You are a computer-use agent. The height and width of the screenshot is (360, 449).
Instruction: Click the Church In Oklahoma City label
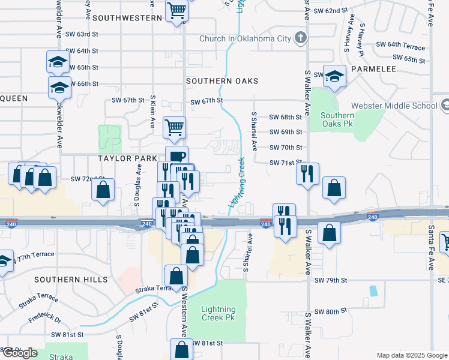(x=246, y=39)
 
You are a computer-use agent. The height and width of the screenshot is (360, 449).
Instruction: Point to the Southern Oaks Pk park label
(x=337, y=119)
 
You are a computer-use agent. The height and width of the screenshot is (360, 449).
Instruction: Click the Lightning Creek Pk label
(x=218, y=314)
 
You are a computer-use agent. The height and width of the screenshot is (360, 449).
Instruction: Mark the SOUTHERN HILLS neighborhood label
(x=71, y=280)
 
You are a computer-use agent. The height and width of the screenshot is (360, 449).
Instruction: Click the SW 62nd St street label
(x=331, y=11)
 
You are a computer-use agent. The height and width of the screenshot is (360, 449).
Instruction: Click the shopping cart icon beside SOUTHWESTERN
(x=176, y=10)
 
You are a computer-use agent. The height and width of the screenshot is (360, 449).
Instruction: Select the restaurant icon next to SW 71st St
(x=307, y=174)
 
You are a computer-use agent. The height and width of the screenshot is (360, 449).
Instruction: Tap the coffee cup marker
(x=176, y=157)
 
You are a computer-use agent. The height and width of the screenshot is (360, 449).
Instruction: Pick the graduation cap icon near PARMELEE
(x=335, y=76)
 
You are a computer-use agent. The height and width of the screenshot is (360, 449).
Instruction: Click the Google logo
(x=20, y=353)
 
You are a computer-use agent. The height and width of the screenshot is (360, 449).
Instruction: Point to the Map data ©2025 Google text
(x=411, y=355)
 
